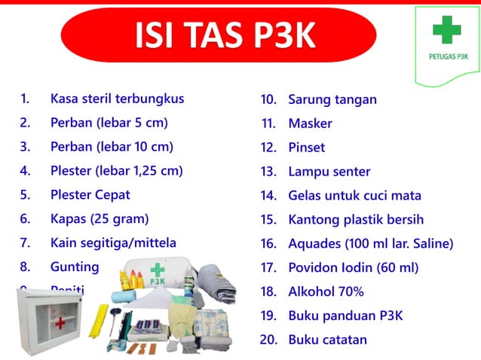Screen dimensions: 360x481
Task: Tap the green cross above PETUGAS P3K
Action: [x=446, y=30]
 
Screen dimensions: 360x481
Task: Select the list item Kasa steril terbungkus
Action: [x=117, y=99]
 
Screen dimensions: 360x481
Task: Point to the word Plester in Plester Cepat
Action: [x=71, y=195]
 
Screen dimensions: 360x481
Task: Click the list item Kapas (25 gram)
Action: [x=99, y=219]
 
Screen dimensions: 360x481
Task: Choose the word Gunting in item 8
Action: [x=75, y=267]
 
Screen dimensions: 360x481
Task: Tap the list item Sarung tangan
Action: [x=332, y=99]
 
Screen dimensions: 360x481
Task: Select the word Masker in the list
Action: [x=310, y=124]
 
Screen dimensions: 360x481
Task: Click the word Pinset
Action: [x=307, y=148]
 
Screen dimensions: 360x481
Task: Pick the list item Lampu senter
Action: [x=329, y=172]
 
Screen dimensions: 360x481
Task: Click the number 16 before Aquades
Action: [x=268, y=243]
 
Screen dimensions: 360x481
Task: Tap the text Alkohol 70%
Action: [x=326, y=291]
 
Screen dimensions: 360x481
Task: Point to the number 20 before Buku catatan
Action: [x=268, y=340]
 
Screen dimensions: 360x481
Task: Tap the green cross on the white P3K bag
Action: [x=157, y=270]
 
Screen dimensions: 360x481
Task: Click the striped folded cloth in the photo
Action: [x=219, y=279]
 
